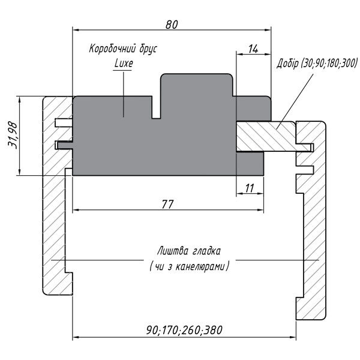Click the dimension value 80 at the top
pyautogui.click(x=172, y=25)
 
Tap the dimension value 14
pyautogui.click(x=253, y=49)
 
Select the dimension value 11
pyautogui.click(x=250, y=188)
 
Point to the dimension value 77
pyautogui.click(x=168, y=204)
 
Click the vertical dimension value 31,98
pyautogui.click(x=13, y=135)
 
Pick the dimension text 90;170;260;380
pyautogui.click(x=184, y=330)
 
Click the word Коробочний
pyautogui.click(x=112, y=49)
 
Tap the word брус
pyautogui.click(x=148, y=49)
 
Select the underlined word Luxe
pyautogui.click(x=124, y=64)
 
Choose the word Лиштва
pyautogui.click(x=172, y=251)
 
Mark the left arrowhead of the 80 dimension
pyautogui.click(x=76, y=30)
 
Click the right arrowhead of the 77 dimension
pyautogui.click(x=260, y=209)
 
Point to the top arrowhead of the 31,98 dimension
pyautogui.click(x=20, y=100)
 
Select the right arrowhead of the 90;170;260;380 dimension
pyautogui.click(x=293, y=337)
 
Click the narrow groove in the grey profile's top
pyautogui.click(x=156, y=107)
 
